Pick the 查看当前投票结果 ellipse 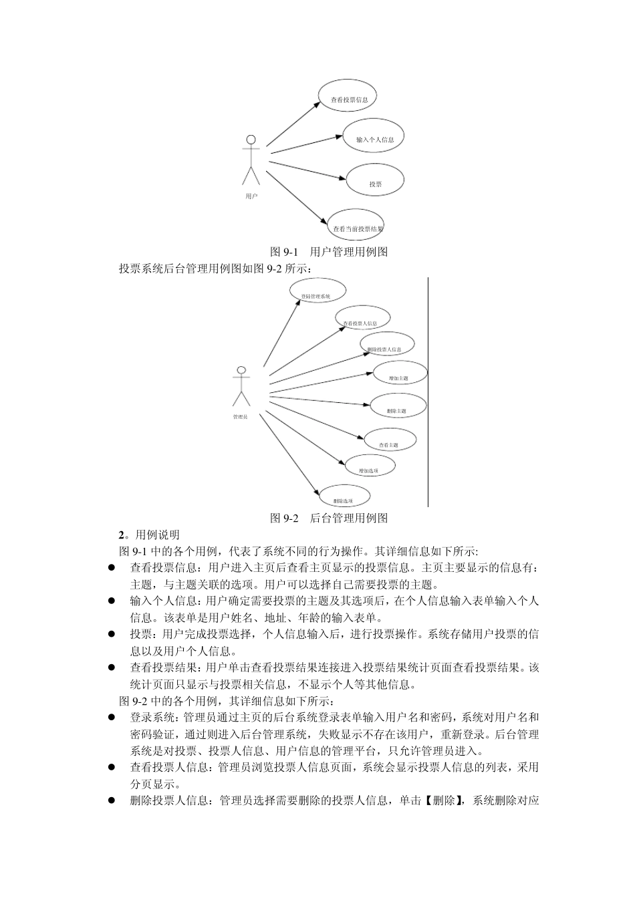355,226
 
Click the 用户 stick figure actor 251,160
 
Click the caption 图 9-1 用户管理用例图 329,252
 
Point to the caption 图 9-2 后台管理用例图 329,518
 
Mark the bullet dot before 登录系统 112,718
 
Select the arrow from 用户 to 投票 308,170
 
